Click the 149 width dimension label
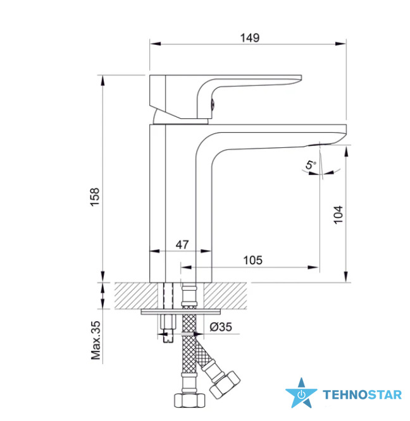tap(249, 38)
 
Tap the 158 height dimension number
tap(95, 197)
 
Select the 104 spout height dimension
tap(339, 215)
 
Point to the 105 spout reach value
tap(252, 260)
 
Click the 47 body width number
tap(182, 245)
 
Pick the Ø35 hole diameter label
tap(221, 327)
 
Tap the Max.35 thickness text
tap(96, 341)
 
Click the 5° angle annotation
tap(310, 165)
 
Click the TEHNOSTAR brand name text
tap(362, 395)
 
